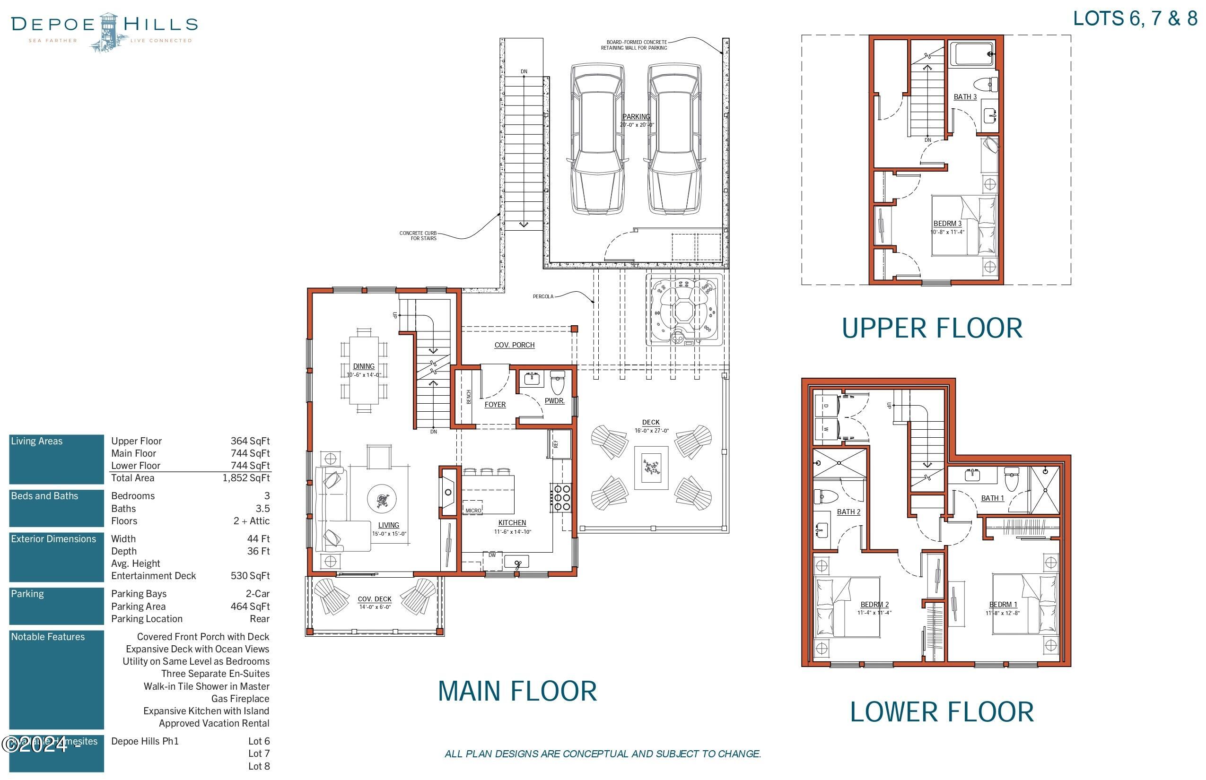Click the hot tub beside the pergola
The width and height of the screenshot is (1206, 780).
(x=684, y=310)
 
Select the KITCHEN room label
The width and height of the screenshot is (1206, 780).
(x=512, y=523)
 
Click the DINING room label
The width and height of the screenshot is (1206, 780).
(x=363, y=366)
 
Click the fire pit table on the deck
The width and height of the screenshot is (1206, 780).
(x=651, y=467)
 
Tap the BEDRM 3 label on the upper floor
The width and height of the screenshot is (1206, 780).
(x=947, y=223)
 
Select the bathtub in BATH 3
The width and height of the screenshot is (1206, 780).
(x=972, y=54)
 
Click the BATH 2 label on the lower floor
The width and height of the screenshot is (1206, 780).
(x=848, y=512)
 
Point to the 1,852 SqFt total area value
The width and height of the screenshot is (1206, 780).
(x=246, y=478)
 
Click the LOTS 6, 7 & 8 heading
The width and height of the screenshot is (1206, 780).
(x=1135, y=19)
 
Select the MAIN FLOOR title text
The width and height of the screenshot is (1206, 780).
(x=517, y=691)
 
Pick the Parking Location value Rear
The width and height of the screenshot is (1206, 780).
(x=259, y=619)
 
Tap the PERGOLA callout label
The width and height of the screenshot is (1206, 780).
(x=543, y=296)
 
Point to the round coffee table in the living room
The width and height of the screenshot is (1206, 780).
(x=382, y=500)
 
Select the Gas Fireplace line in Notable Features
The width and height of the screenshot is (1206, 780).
(x=240, y=699)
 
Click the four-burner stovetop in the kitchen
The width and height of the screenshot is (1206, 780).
(x=561, y=498)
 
